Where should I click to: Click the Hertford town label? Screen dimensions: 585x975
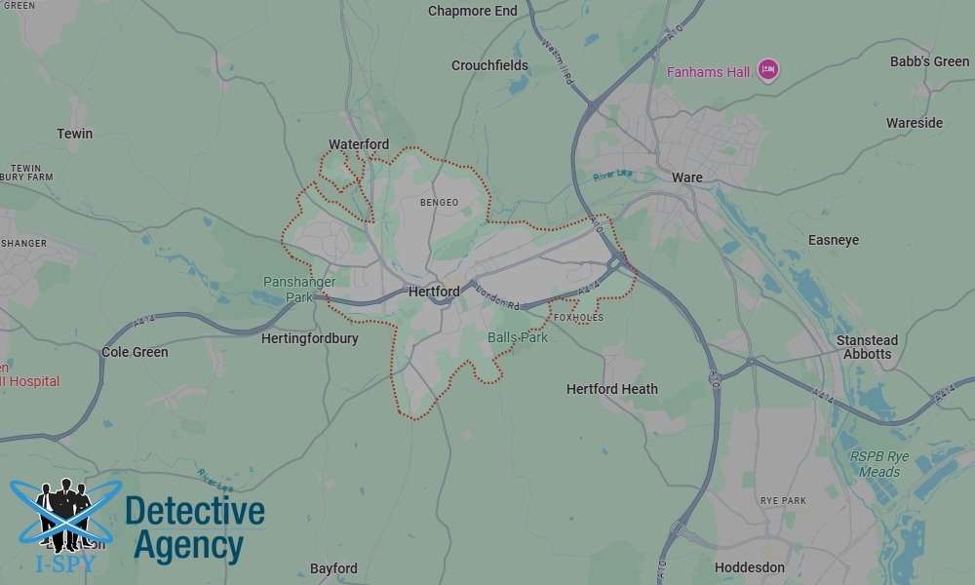click(x=434, y=292)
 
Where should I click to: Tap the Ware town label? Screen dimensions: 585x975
click(x=687, y=177)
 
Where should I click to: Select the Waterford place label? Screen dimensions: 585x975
click(x=359, y=144)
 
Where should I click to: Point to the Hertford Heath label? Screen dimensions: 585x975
click(x=612, y=389)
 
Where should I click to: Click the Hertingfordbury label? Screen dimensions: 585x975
click(x=310, y=339)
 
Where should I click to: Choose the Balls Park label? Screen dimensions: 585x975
click(x=518, y=337)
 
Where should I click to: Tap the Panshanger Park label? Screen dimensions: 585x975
click(x=299, y=290)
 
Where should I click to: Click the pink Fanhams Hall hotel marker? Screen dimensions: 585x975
click(x=768, y=70)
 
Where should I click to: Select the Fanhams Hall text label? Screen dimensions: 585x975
click(x=708, y=72)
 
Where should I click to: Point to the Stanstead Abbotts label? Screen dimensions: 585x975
click(x=867, y=347)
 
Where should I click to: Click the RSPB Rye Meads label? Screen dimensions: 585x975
click(x=878, y=464)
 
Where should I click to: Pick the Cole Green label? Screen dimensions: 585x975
click(x=136, y=352)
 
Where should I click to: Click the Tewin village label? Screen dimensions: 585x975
click(x=75, y=133)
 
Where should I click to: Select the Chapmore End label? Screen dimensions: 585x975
click(x=473, y=11)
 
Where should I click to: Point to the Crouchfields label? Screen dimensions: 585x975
click(x=489, y=65)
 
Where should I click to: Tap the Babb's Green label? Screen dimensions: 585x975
click(x=930, y=61)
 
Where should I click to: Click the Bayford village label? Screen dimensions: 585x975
click(x=333, y=568)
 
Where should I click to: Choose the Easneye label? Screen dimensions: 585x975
click(x=834, y=240)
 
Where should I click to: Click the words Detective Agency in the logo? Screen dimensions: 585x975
click(x=195, y=527)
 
